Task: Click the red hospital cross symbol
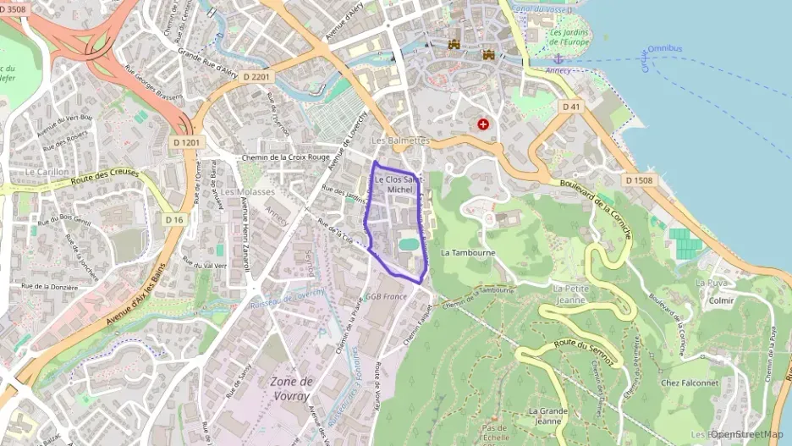click(x=483, y=124)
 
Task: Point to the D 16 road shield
click(x=174, y=219)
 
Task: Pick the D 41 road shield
click(x=571, y=106)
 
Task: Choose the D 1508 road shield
click(x=640, y=180)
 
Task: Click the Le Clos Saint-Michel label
click(x=399, y=184)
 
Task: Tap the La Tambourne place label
click(x=468, y=252)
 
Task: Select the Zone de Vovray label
click(x=290, y=388)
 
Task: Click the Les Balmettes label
click(x=401, y=140)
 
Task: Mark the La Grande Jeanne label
click(x=546, y=416)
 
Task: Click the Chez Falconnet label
click(x=688, y=383)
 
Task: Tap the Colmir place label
click(x=722, y=300)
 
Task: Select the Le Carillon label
click(x=47, y=171)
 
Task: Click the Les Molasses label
click(x=248, y=192)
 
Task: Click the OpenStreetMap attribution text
click(x=747, y=434)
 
